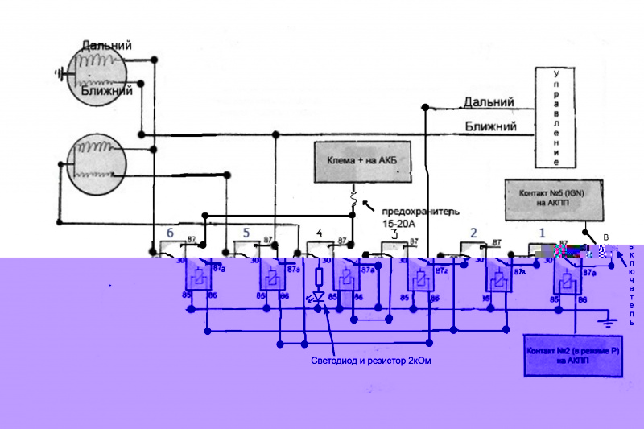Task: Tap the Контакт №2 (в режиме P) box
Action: (x=574, y=356)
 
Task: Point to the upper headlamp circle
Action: (x=96, y=72)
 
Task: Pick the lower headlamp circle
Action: (x=95, y=163)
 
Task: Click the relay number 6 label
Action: (x=170, y=233)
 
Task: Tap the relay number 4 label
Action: (x=320, y=233)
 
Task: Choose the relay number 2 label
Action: (x=473, y=233)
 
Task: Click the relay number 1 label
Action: (x=542, y=233)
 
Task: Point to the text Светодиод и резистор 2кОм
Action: (x=371, y=361)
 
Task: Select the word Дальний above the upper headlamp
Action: (x=106, y=47)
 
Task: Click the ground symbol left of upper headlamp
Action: (x=59, y=74)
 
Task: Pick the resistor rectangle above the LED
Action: (x=318, y=278)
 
